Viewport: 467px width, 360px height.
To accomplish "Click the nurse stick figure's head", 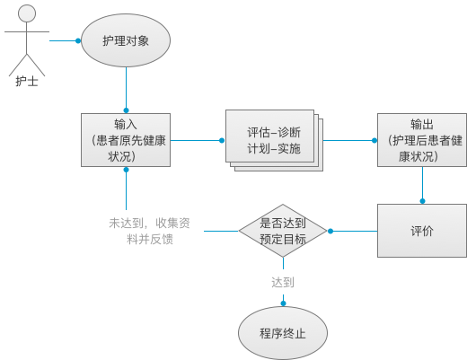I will coord(27,13).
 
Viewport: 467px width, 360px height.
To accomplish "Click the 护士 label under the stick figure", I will coord(27,81).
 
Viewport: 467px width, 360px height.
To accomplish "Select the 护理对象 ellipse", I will coord(126,41).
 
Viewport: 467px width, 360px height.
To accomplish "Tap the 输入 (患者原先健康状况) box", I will coord(126,139).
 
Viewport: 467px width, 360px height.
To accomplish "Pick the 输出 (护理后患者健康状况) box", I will coord(422,139).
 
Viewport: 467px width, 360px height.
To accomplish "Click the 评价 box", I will coord(422,231).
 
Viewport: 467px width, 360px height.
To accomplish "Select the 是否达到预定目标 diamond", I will coord(283,231).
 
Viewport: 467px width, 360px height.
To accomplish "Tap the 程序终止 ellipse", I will coord(283,333).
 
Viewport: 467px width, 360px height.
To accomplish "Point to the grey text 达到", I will coord(283,282).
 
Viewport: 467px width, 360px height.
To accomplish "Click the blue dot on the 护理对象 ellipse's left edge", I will coord(79,41).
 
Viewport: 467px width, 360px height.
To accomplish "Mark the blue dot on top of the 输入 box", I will coord(126,111).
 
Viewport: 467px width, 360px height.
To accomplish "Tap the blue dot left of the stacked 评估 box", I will coord(222,139).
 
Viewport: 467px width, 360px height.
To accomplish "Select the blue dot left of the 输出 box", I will coord(374,139).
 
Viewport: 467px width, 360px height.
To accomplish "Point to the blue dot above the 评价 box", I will coord(422,201).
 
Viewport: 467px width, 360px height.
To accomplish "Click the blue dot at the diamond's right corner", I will coord(330,231).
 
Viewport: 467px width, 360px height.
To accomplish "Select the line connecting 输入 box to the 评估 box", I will coord(196,139).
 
